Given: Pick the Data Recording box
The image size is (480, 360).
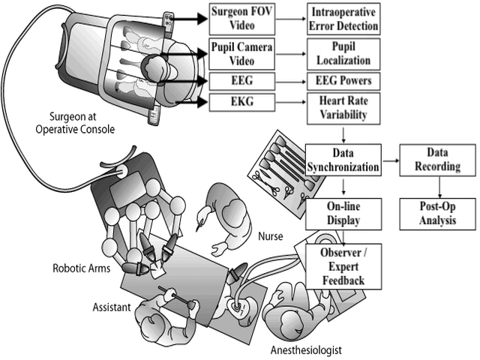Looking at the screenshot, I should pyautogui.click(x=435, y=159).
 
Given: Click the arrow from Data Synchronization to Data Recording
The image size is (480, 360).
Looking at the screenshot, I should pyautogui.click(x=390, y=160).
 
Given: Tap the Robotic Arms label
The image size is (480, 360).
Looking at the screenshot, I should pyautogui.click(x=81, y=268).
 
